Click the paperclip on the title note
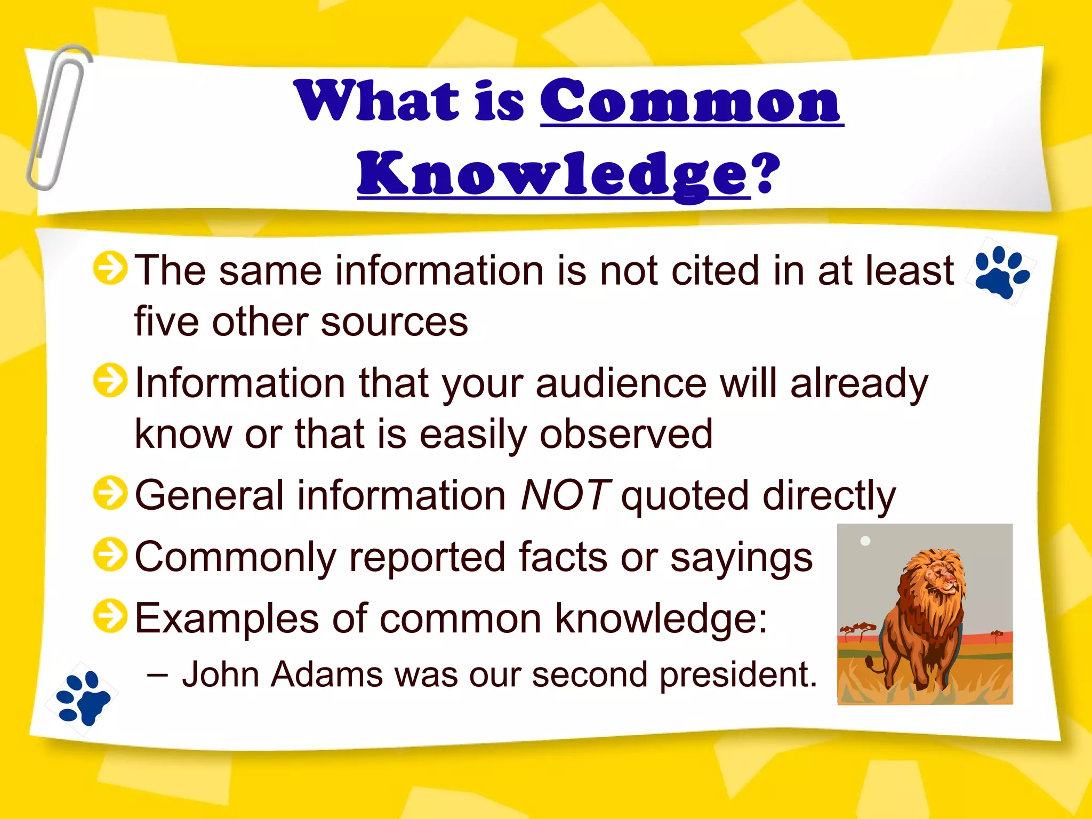pyautogui.click(x=58, y=117)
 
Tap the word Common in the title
pyautogui.click(x=691, y=101)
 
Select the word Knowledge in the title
pyautogui.click(x=553, y=175)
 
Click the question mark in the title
pyautogui.click(x=767, y=173)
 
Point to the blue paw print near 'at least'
pyautogui.click(x=1001, y=271)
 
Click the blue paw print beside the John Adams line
pyautogui.click(x=83, y=698)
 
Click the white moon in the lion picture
pyautogui.click(x=865, y=541)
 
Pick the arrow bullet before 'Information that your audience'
pyautogui.click(x=110, y=381)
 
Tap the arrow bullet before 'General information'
pyautogui.click(x=110, y=493)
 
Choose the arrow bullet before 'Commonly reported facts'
pyautogui.click(x=110, y=555)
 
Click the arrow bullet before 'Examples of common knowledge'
pyautogui.click(x=110, y=616)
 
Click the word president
pyautogui.click(x=738, y=675)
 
